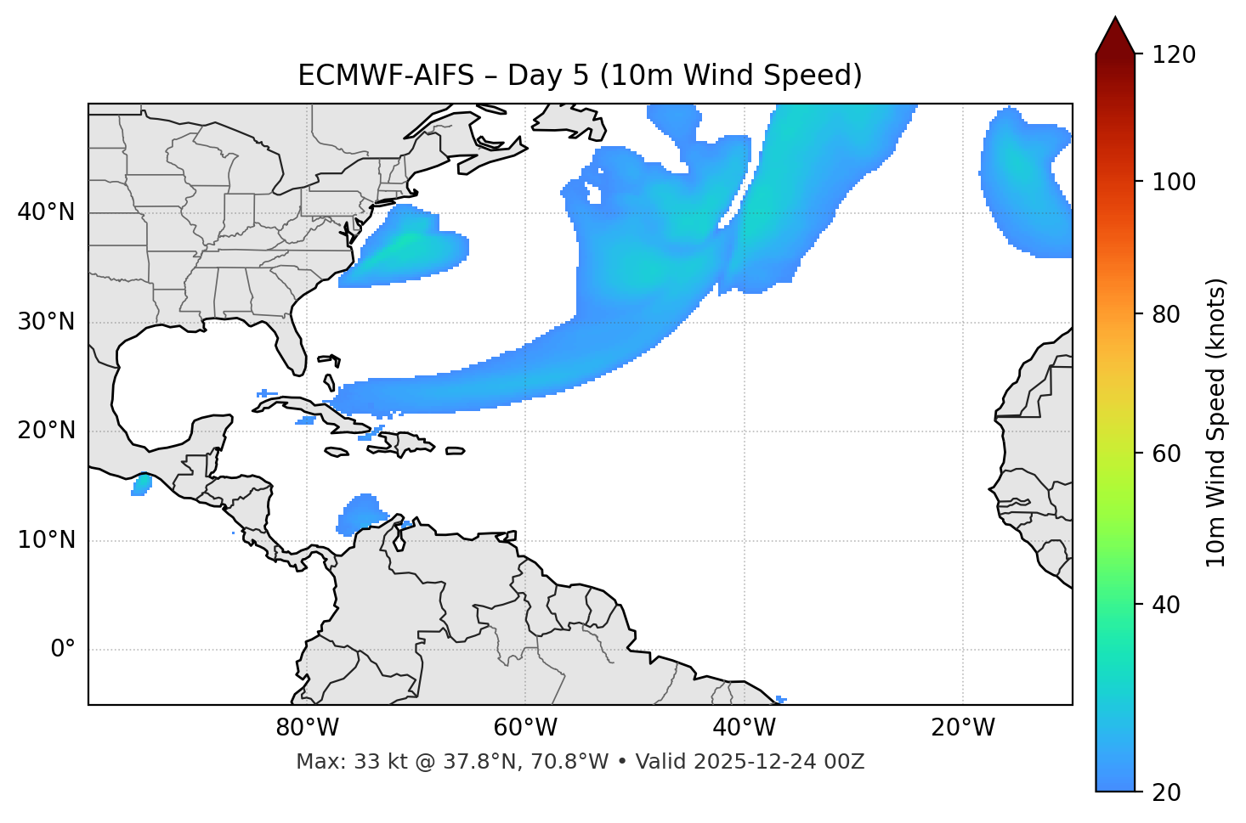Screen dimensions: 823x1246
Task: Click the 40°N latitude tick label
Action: pyautogui.click(x=46, y=212)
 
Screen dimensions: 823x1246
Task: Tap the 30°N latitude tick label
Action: pyautogui.click(x=46, y=322)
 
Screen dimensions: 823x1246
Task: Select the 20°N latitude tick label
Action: pyautogui.click(x=46, y=431)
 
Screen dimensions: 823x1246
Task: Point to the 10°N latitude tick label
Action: pyautogui.click(x=46, y=540)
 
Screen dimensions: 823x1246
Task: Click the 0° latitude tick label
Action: pyautogui.click(x=63, y=650)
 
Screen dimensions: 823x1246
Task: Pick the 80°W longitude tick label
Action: pyautogui.click(x=307, y=728)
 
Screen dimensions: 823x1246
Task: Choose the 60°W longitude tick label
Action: pyautogui.click(x=525, y=728)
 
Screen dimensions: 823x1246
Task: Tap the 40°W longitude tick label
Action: pyautogui.click(x=744, y=728)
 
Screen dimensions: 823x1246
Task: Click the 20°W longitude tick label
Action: pyautogui.click(x=963, y=728)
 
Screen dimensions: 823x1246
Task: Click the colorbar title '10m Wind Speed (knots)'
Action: pyautogui.click(x=1216, y=422)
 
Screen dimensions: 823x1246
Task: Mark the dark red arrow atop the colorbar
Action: pyautogui.click(x=1115, y=36)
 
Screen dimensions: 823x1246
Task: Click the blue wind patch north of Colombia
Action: pyautogui.click(x=363, y=514)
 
